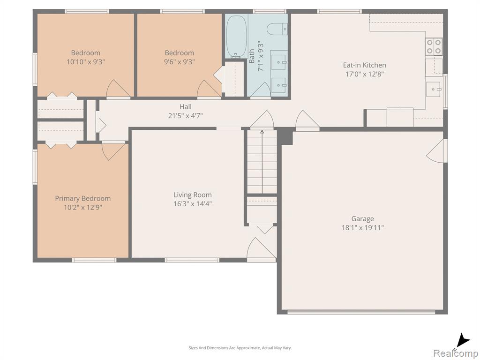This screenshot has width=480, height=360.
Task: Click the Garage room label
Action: (362, 218)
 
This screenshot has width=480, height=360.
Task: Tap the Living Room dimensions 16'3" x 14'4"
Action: (193, 204)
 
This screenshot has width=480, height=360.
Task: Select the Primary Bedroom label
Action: (82, 198)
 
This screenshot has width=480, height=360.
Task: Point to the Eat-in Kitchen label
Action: (364, 65)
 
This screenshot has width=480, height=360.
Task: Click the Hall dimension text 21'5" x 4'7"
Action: (186, 116)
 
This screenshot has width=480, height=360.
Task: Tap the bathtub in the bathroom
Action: (237, 36)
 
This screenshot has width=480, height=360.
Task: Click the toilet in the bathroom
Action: (277, 30)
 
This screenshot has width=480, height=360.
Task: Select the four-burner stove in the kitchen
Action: (434, 46)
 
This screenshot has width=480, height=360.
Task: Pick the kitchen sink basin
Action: (433, 89)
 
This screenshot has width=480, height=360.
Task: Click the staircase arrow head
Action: (262, 132)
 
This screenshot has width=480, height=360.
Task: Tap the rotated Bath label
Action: (252, 56)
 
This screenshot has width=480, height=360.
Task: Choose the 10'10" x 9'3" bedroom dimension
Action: (86, 62)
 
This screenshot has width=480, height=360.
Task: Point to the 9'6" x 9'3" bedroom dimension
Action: (180, 62)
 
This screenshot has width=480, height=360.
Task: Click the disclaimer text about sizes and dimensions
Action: (240, 348)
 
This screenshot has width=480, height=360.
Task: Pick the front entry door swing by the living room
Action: (261, 249)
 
